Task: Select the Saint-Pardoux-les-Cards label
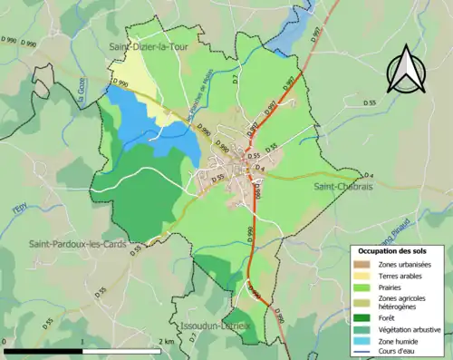click(77, 243)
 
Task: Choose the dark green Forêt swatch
click(365, 317)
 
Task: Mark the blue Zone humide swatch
click(365, 341)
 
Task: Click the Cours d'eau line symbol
click(365, 352)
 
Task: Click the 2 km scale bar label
click(166, 342)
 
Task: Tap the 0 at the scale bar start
click(6, 342)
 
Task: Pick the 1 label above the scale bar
click(82, 342)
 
